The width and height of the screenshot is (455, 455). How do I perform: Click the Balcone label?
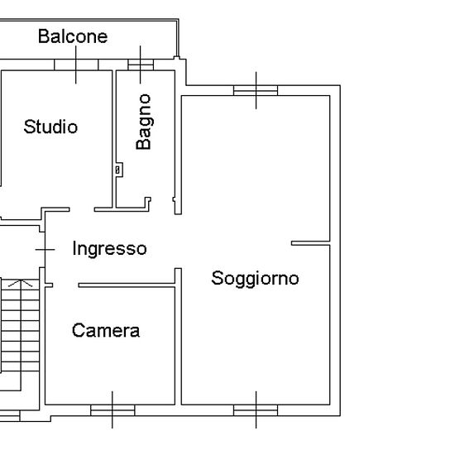click(x=73, y=36)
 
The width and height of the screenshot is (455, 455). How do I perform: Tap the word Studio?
click(x=50, y=127)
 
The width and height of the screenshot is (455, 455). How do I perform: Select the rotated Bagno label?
click(x=144, y=122)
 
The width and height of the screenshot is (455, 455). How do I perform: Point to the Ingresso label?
click(x=109, y=249)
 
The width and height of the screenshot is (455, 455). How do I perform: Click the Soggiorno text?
click(x=255, y=279)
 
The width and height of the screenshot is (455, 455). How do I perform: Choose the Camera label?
click(x=106, y=331)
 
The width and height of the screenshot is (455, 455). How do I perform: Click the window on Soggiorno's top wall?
click(x=256, y=90)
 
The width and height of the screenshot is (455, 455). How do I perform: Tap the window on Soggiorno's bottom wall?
click(x=256, y=410)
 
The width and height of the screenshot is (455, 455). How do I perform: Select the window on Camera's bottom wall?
click(x=113, y=410)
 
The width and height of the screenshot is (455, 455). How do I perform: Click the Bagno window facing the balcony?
click(x=141, y=65)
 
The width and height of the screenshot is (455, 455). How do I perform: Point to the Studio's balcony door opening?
click(x=76, y=65)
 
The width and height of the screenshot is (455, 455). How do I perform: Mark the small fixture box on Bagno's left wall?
click(x=118, y=170)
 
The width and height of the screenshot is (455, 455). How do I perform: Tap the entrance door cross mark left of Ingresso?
click(x=45, y=250)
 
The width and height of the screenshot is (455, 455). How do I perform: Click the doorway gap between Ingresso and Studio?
click(x=82, y=209)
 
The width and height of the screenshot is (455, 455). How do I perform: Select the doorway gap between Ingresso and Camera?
click(x=65, y=285)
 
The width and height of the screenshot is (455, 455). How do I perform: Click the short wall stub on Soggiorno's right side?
click(x=310, y=243)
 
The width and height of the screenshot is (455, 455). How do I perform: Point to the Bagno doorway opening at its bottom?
click(x=162, y=206)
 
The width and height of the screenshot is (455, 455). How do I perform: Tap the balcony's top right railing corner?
click(x=178, y=20)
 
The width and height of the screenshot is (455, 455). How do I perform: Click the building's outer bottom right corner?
click(x=340, y=415)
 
